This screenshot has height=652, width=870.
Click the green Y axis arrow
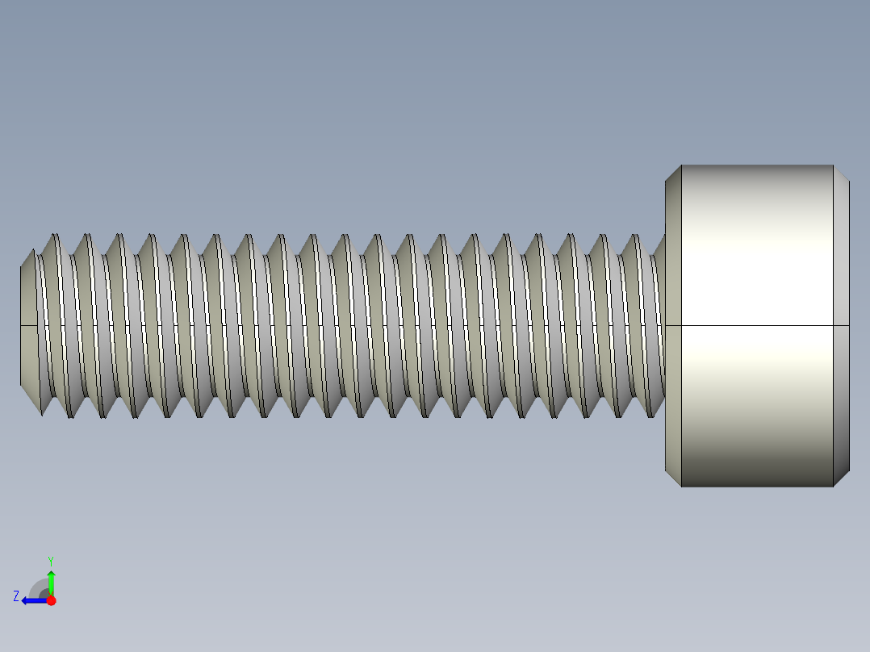tap(51, 580)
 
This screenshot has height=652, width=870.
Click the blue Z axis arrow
tap(31, 600)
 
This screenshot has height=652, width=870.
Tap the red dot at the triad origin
tap(51, 600)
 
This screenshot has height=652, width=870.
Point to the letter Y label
tap(51, 560)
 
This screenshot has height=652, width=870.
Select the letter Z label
tap(16, 596)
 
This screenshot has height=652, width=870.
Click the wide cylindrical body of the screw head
tap(756, 266)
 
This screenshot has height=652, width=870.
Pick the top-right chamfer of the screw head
tap(841, 174)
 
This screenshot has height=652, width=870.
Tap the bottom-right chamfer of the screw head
tap(841, 478)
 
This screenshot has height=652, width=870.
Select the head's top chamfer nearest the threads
tap(673, 173)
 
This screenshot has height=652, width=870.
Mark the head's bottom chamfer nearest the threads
tap(673, 478)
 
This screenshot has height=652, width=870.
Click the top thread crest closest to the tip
tap(56, 236)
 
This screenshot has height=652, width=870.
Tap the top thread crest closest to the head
tap(634, 236)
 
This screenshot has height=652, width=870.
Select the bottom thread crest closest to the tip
tap(71, 416)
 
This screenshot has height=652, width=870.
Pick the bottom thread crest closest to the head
tap(650, 416)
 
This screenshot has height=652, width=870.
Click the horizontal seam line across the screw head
tap(756, 326)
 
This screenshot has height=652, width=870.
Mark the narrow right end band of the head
tap(841, 326)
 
